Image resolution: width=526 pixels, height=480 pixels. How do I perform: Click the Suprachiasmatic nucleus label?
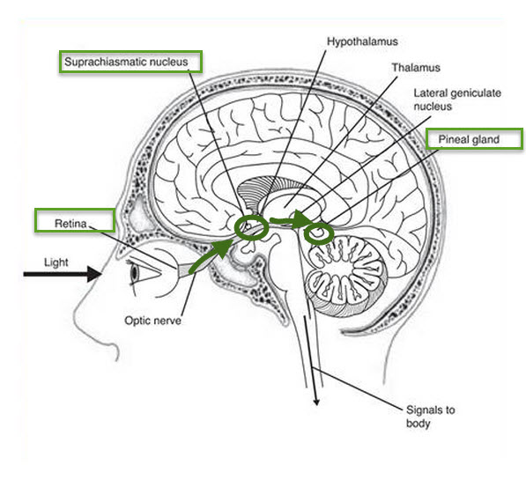pos(126,62)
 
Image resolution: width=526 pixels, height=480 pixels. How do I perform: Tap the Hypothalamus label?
pos(362,41)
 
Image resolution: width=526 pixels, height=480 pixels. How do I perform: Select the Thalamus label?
pos(416,68)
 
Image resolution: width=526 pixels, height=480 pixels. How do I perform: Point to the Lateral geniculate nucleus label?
pos(457,100)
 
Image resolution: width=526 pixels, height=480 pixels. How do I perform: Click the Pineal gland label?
pos(469,139)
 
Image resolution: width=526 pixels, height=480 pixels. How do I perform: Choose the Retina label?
pos(70,224)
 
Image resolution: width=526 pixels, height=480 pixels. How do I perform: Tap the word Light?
pos(56,262)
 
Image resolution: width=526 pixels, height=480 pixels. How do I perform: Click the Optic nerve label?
pos(152,321)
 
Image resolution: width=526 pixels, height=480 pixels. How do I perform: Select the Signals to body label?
pos(430,417)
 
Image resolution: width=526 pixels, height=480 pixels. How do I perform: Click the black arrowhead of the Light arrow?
pos(95,274)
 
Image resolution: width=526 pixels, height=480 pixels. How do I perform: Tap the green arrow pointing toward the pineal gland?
pos(291,221)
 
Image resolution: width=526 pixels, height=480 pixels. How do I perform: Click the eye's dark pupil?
pos(135,273)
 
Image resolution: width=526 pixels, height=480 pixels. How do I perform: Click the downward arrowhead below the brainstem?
pos(315,402)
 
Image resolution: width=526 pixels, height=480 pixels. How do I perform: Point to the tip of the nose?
pos(76,321)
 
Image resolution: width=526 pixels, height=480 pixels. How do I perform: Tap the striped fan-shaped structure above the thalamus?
pos(255,196)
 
